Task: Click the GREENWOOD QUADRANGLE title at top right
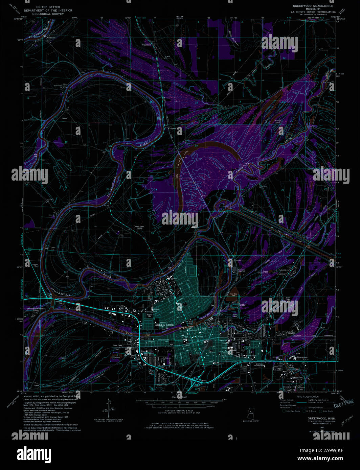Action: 313,6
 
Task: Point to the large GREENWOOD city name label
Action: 164,325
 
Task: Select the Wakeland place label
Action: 146,44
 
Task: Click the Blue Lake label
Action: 291,366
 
